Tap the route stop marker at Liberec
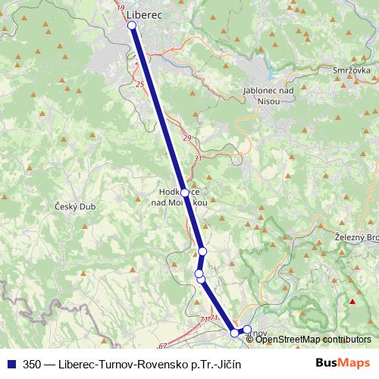pos(132,26)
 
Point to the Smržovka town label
pos(351,70)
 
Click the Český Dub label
pos(73,205)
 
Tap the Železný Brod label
pos(356,237)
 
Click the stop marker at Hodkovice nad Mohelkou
pos(184,193)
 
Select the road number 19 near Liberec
pos(121,6)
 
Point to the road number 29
pos(186,137)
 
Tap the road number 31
pos(199,158)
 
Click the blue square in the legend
pos(8,364)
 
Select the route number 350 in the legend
pos(33,364)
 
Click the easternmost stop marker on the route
pos(246,330)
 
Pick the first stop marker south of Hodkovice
pos(202,251)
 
